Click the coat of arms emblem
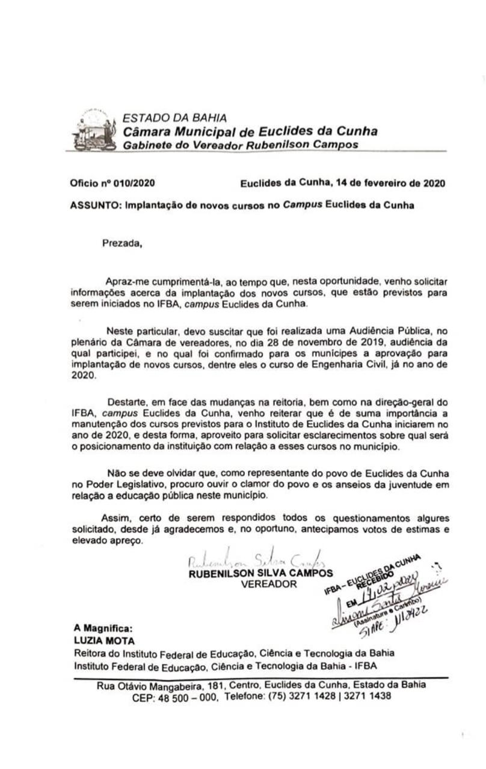click(x=94, y=130)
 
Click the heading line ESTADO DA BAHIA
click(x=174, y=118)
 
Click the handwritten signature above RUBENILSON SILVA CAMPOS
click(x=256, y=561)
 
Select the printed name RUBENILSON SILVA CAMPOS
click(x=260, y=573)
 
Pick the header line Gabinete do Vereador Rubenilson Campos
click(x=241, y=145)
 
